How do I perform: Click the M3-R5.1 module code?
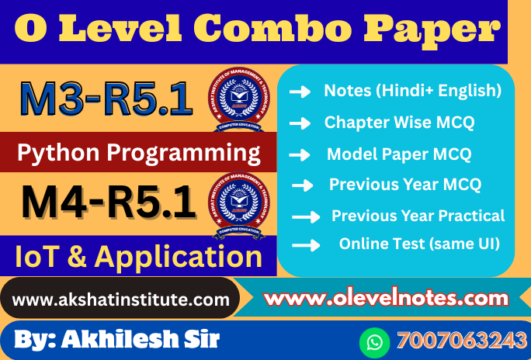[x=106, y=101]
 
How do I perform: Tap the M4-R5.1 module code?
[x=108, y=202]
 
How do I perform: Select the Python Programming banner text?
[x=138, y=153]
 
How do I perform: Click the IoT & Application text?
[x=138, y=256]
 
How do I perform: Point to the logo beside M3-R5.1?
[x=239, y=100]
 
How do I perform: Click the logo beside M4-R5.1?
[x=239, y=203]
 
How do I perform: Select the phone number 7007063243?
[x=461, y=341]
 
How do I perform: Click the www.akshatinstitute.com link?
[x=121, y=299]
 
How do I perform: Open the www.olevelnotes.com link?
[x=386, y=297]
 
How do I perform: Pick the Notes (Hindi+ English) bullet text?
[x=412, y=91]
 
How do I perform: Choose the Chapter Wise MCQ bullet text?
[x=399, y=122]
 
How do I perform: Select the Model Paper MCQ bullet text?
[x=398, y=154]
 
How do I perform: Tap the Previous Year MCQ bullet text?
[x=404, y=185]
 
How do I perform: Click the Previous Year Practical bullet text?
[x=418, y=216]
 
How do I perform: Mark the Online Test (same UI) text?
[x=418, y=244]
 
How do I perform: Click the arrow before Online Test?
[x=306, y=245]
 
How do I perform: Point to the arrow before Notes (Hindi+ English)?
[x=300, y=92]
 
